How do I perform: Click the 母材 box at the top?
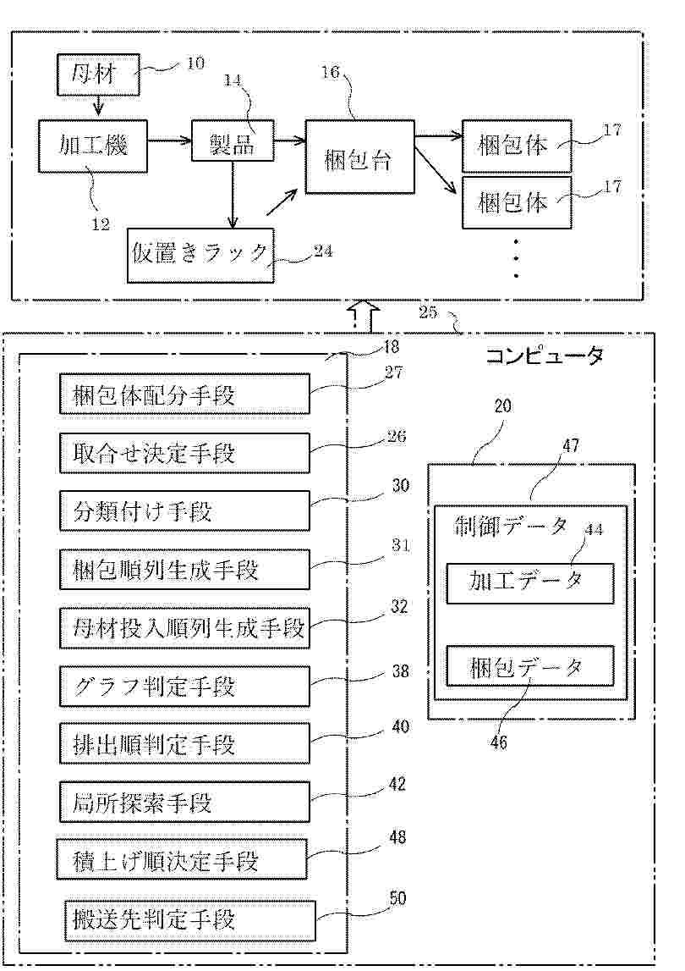tap(97, 75)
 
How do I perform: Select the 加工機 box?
tap(93, 145)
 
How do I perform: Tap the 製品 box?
tap(233, 145)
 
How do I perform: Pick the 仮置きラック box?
tap(200, 254)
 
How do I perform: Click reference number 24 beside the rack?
tap(322, 250)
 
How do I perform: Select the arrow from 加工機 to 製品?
tap(169, 142)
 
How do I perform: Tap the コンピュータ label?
tap(544, 356)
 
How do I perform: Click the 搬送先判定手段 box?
tap(189, 919)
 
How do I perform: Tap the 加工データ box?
tap(529, 582)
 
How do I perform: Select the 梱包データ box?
tap(529, 667)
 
